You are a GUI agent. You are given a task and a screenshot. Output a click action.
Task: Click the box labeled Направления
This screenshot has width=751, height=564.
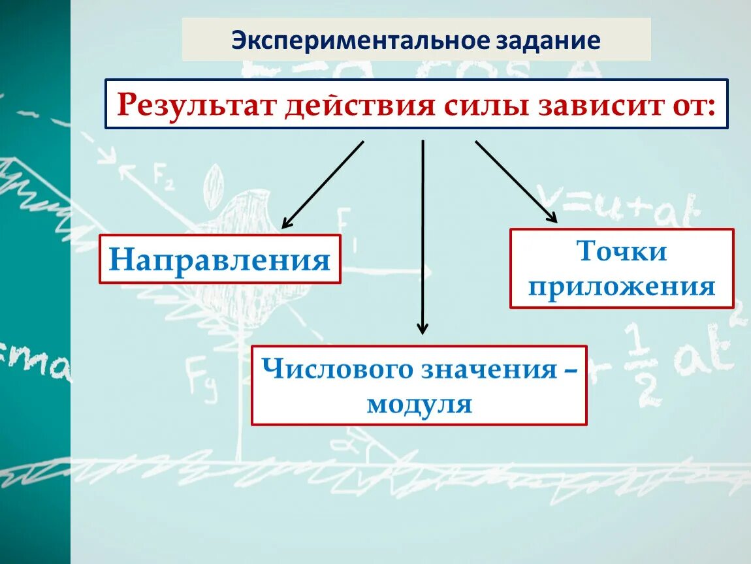tap(219, 259)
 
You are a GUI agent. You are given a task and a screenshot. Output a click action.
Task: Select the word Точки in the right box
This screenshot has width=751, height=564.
tap(621, 251)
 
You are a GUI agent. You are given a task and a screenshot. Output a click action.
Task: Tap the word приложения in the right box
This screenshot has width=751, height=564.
tap(622, 287)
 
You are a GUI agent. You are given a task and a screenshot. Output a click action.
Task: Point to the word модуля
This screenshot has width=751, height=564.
tap(419, 405)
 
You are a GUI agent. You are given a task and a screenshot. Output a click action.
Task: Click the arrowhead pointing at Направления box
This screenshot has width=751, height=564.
tap(286, 223)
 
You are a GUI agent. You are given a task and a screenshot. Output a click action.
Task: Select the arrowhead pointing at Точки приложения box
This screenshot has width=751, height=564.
tap(552, 218)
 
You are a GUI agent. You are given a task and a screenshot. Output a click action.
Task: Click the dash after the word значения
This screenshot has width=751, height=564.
tap(569, 371)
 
